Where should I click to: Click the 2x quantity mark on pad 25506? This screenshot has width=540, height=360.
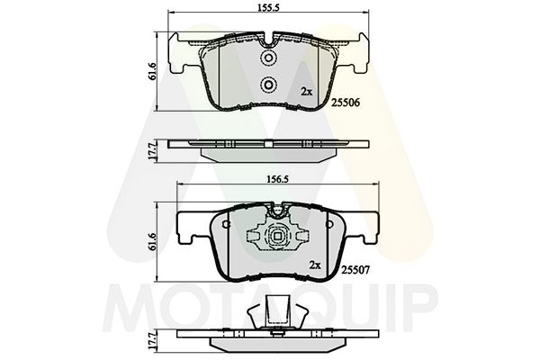click(307, 92)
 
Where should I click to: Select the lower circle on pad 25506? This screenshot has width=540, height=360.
click(267, 85)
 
